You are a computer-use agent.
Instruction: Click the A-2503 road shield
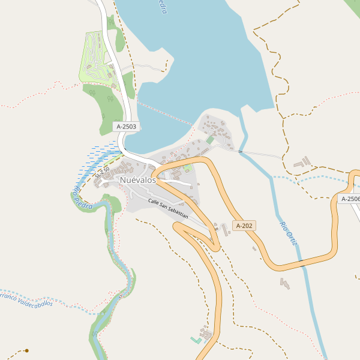[x=126, y=127]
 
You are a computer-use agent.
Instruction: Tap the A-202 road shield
[x=245, y=226]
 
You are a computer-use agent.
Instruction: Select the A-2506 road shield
[x=349, y=199]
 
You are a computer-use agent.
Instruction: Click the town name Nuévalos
[x=137, y=180]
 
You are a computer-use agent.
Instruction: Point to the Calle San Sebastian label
[x=169, y=208]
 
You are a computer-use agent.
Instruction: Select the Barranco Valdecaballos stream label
[x=27, y=300]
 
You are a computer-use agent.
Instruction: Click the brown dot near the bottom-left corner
[x=26, y=350]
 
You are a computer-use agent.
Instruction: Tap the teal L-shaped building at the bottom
[x=196, y=340]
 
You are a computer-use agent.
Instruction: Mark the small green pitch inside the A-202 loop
[x=187, y=167]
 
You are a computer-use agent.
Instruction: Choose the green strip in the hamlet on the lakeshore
[x=210, y=139]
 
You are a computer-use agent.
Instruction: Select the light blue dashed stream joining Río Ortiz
[x=312, y=178]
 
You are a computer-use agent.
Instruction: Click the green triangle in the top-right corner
[x=353, y=5]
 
